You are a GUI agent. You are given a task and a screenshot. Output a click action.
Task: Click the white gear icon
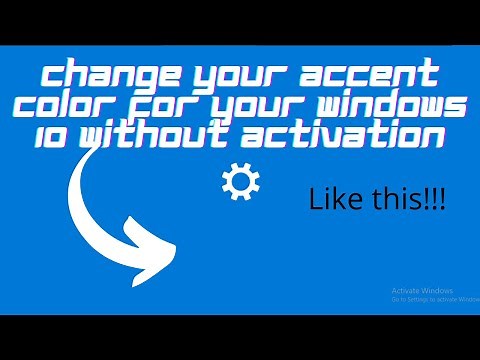(239, 182)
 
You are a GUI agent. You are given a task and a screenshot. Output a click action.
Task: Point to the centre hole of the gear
(239, 182)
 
